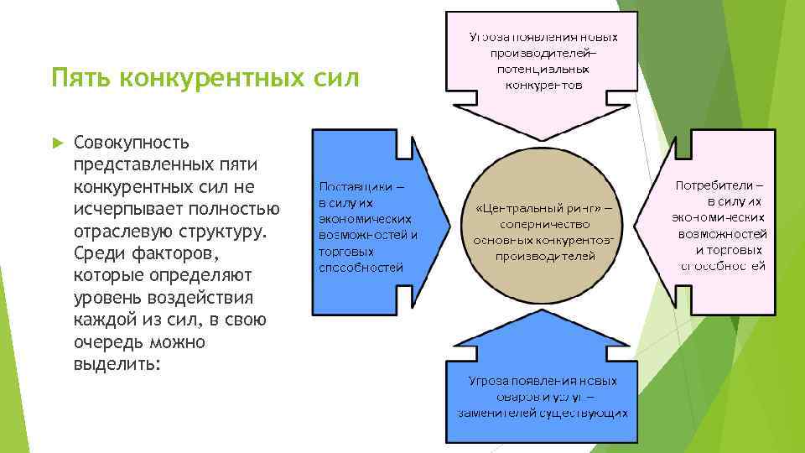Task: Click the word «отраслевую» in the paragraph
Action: point(122,231)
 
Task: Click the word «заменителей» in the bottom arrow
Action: point(498,413)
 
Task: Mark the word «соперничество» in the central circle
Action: point(545,225)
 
